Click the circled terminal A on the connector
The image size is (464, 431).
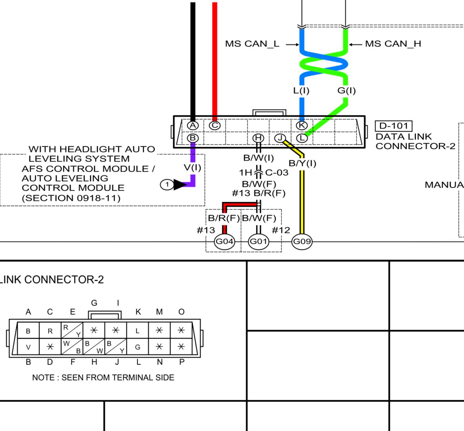click(x=193, y=125)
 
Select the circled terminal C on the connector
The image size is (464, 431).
click(x=215, y=125)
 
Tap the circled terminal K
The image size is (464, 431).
click(x=301, y=125)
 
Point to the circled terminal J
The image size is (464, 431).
click(x=280, y=138)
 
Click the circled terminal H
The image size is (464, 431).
click(x=258, y=138)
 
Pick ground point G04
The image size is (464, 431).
click(x=224, y=241)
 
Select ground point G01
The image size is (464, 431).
click(x=258, y=241)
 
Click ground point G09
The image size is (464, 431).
click(x=302, y=241)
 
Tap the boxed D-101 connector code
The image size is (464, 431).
click(x=394, y=126)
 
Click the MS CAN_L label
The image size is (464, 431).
click(x=252, y=44)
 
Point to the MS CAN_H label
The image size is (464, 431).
click(x=393, y=44)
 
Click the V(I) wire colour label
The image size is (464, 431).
click(x=192, y=167)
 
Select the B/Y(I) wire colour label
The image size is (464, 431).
click(x=302, y=163)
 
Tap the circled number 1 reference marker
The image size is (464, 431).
click(x=167, y=184)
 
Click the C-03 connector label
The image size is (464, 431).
click(x=277, y=173)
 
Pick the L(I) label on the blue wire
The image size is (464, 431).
click(x=301, y=90)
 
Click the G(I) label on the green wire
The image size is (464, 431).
click(x=346, y=90)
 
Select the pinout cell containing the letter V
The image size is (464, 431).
click(x=28, y=347)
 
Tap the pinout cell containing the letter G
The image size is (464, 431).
click(x=137, y=347)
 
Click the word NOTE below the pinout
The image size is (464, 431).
click(x=43, y=377)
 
